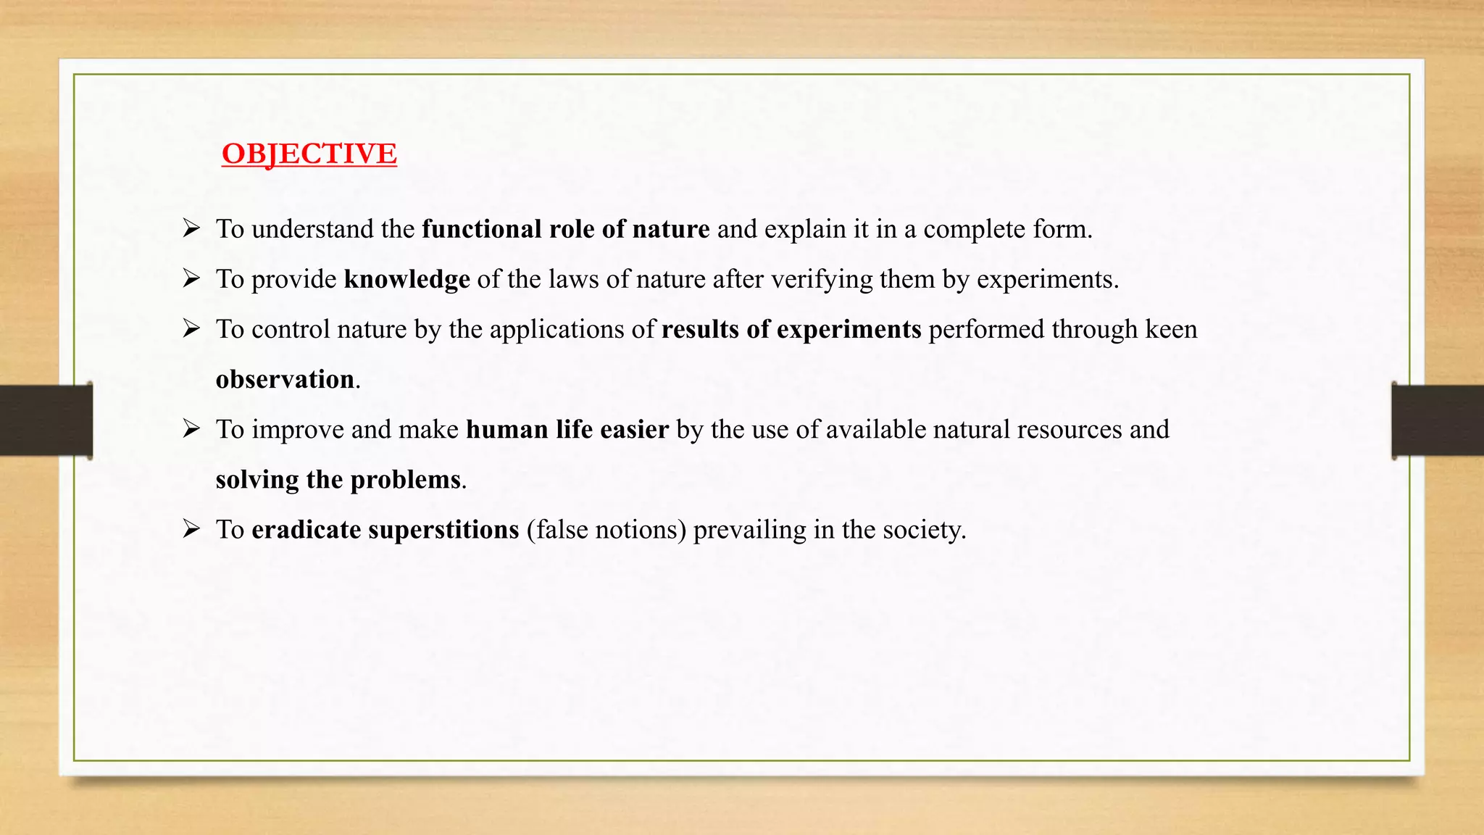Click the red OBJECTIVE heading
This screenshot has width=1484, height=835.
(x=309, y=154)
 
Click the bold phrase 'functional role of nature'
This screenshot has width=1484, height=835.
(x=566, y=229)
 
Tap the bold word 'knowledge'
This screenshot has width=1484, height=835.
(x=407, y=279)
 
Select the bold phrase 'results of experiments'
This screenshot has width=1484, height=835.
(x=791, y=329)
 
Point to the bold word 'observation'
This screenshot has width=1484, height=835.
(x=285, y=379)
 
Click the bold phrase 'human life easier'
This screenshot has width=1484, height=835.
(x=567, y=429)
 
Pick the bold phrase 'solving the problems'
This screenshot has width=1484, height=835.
(x=338, y=479)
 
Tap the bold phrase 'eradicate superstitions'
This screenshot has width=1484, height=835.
(x=385, y=529)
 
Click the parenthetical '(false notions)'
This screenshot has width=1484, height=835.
(x=606, y=529)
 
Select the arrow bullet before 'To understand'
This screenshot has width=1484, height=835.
(x=191, y=229)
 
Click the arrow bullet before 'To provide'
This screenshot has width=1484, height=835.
(x=191, y=279)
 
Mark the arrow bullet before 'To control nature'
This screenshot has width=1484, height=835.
(x=191, y=329)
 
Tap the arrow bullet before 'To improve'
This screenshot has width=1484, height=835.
(x=191, y=429)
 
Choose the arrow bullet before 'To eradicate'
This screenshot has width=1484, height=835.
(x=191, y=529)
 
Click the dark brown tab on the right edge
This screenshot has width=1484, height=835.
(x=1438, y=420)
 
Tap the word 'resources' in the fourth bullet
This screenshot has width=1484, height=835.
(x=1070, y=429)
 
